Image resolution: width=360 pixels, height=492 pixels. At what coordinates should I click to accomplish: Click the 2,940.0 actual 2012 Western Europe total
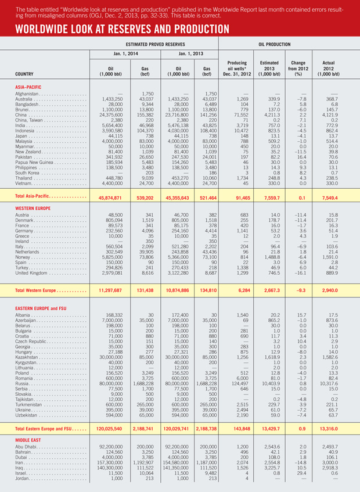[x=333, y=289]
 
